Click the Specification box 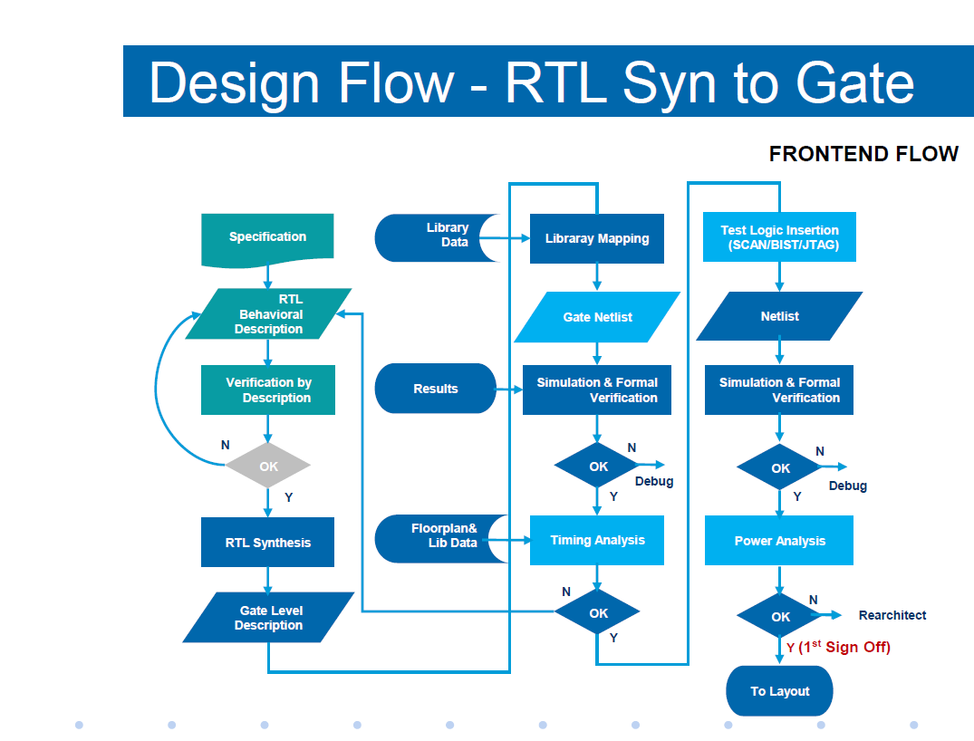coord(267,237)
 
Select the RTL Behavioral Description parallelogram coord(268,314)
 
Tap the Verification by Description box coord(268,390)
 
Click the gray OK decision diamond coord(268,467)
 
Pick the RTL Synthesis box coord(268,543)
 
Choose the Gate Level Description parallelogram coord(268,618)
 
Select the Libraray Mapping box coord(597,239)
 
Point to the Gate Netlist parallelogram coord(597,317)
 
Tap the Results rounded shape coord(436,389)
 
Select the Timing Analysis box coord(597,540)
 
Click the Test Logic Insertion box coord(779,237)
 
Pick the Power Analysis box coord(779,541)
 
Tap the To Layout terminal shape coord(779,691)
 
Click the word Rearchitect coord(892,615)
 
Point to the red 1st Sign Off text coord(844,648)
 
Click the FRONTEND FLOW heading coord(863,154)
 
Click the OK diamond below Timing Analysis coord(598,613)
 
